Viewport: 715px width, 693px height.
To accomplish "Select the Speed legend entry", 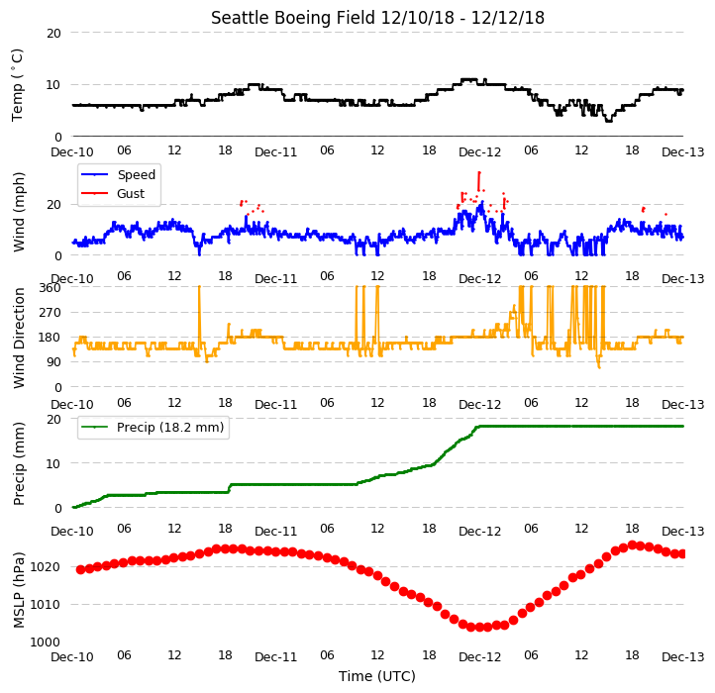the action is coord(118,174).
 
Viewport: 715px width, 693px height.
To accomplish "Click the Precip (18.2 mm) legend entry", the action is coord(153,428).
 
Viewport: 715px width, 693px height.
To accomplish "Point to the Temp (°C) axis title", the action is coord(17,85).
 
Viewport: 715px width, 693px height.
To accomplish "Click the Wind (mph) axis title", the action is coord(19,212).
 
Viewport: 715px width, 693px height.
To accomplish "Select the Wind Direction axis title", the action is coord(19,338).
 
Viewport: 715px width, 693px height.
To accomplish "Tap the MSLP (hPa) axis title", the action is coord(19,590).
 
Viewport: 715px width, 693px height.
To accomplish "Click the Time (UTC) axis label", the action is coord(377,676).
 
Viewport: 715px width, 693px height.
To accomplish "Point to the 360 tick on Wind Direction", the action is coord(50,288).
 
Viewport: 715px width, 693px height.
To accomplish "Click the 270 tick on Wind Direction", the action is coord(50,313).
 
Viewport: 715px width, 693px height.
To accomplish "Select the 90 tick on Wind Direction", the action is coord(53,362).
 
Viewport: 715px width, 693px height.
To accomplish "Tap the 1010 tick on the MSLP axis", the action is coord(45,605).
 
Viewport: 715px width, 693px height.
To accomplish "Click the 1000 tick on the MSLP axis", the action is coord(45,643).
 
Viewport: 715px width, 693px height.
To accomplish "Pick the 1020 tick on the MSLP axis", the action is coord(45,567).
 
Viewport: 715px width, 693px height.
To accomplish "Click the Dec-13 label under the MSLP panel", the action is coord(683,657).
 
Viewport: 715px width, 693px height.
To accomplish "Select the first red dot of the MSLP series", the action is coord(81,569).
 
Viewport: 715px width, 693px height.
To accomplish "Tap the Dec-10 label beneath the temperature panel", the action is coord(72,151).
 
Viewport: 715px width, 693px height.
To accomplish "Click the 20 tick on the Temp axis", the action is coord(53,34).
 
